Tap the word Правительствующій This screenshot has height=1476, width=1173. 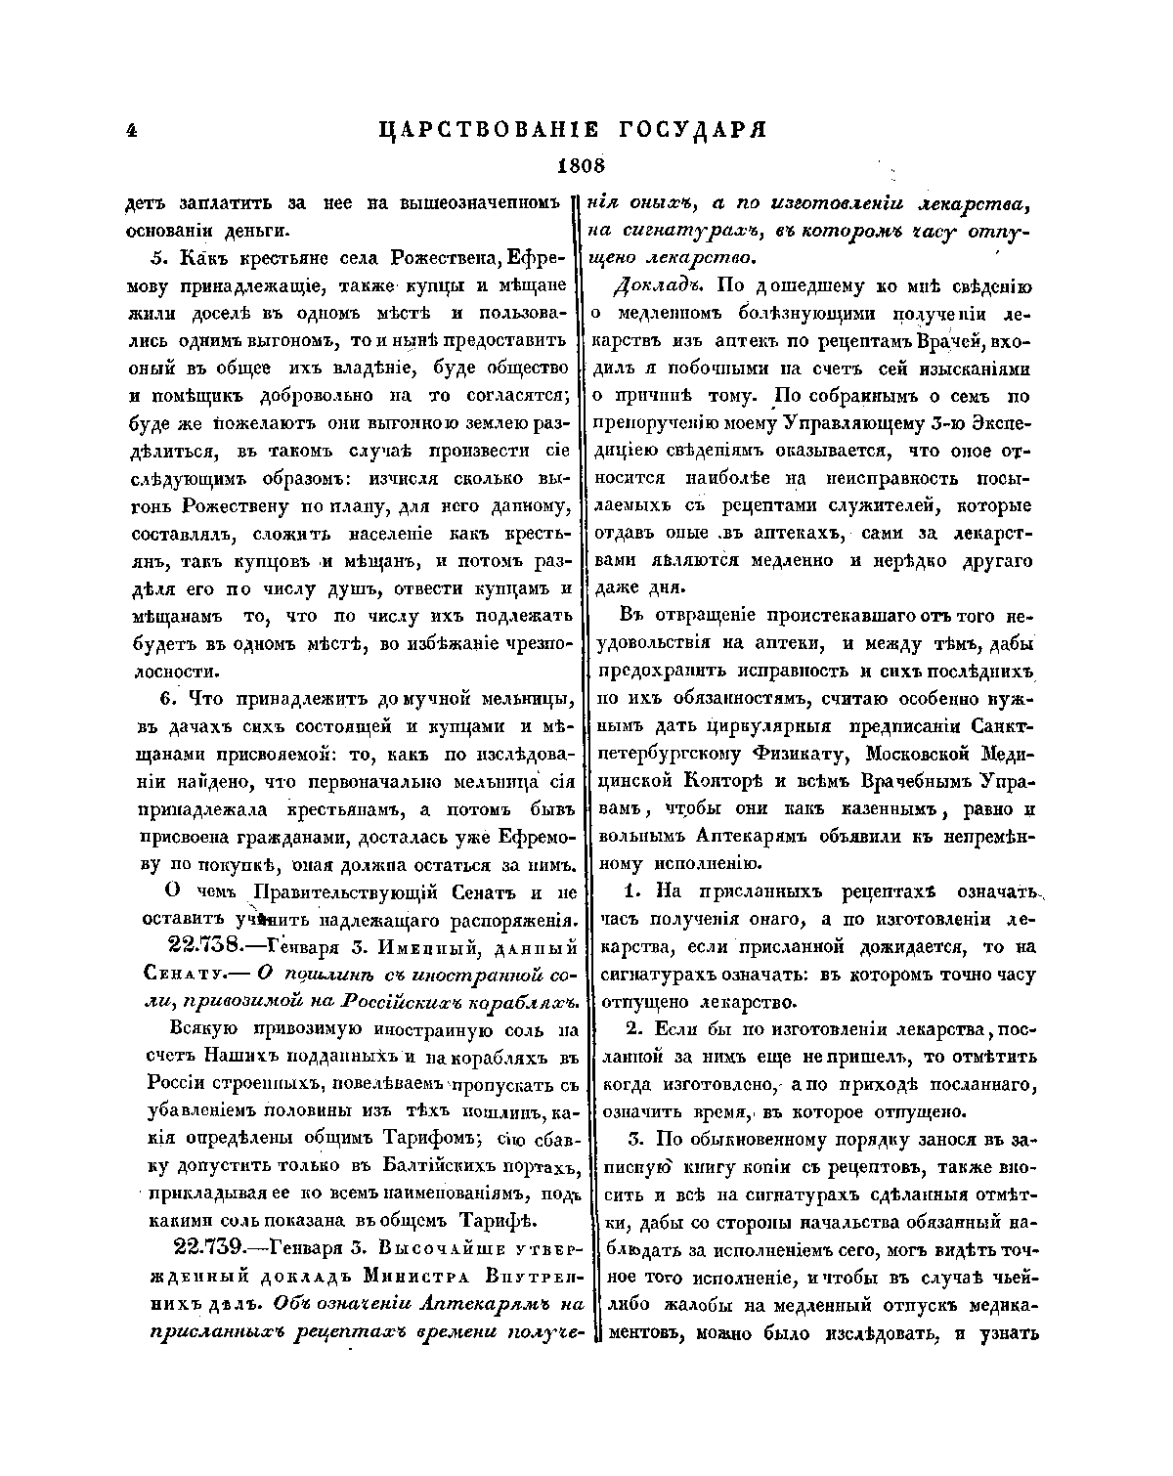(x=344, y=892)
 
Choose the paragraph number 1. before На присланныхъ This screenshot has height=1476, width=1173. (x=630, y=892)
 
